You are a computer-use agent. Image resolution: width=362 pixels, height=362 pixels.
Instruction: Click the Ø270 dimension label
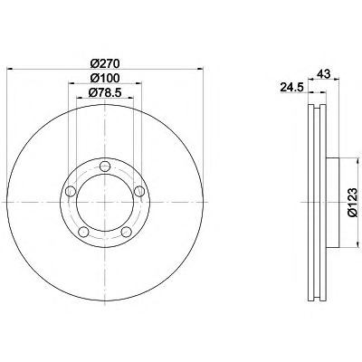coord(105,63)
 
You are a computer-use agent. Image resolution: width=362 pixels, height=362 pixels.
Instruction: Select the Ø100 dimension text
coord(105,78)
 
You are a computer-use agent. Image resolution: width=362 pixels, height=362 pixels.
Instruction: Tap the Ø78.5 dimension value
coord(105,93)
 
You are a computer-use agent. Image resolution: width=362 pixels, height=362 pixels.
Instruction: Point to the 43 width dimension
coord(324,73)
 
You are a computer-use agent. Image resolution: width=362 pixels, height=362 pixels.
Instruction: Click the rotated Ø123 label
coord(352,202)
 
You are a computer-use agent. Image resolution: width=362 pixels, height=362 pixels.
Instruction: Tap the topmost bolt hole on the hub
coord(105,166)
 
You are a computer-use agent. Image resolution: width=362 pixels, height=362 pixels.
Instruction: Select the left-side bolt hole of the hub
coord(71,191)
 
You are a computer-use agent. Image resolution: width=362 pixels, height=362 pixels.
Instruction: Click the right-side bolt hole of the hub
coord(138,191)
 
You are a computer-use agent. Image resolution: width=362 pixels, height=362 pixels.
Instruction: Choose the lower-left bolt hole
coord(83,232)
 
